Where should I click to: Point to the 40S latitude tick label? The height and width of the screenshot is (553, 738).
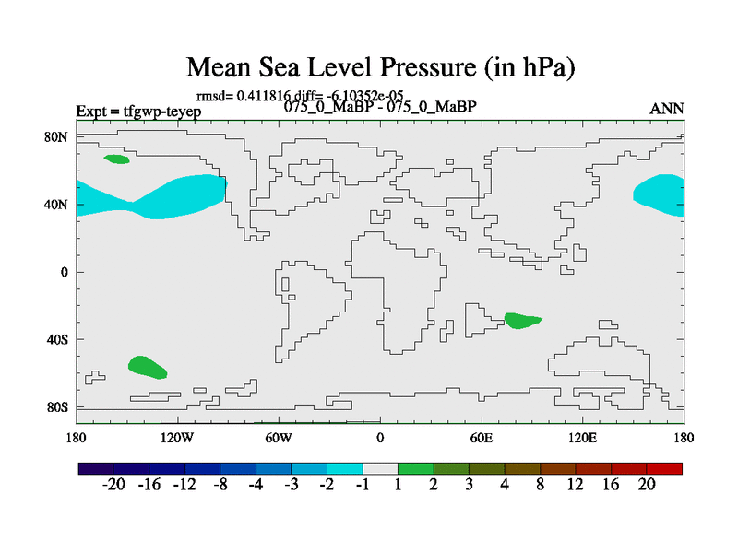pos(58,339)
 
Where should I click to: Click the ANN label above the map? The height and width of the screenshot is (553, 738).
pos(667,109)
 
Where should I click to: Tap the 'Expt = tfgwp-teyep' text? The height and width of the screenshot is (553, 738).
pos(138,112)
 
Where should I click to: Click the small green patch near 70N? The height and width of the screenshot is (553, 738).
pos(117,159)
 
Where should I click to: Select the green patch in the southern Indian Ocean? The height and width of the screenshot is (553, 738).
pos(522,321)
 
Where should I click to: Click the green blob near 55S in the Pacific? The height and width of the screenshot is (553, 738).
pos(147,366)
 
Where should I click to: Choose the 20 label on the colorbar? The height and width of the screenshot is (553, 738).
pos(647,486)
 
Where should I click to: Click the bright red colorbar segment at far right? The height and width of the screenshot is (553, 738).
pos(665,468)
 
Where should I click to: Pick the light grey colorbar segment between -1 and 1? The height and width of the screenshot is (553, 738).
pos(380,468)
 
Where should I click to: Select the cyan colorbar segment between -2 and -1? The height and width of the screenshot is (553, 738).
pos(345,468)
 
